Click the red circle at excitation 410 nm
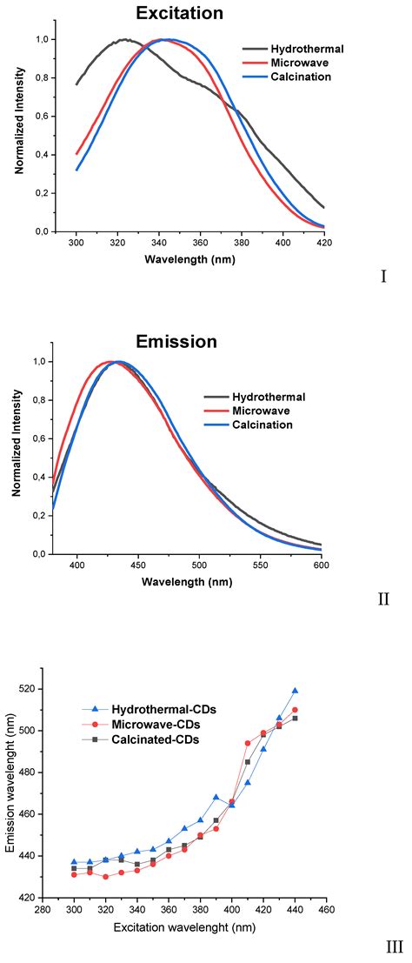(x=248, y=743)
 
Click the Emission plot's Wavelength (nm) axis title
(x=199, y=581)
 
